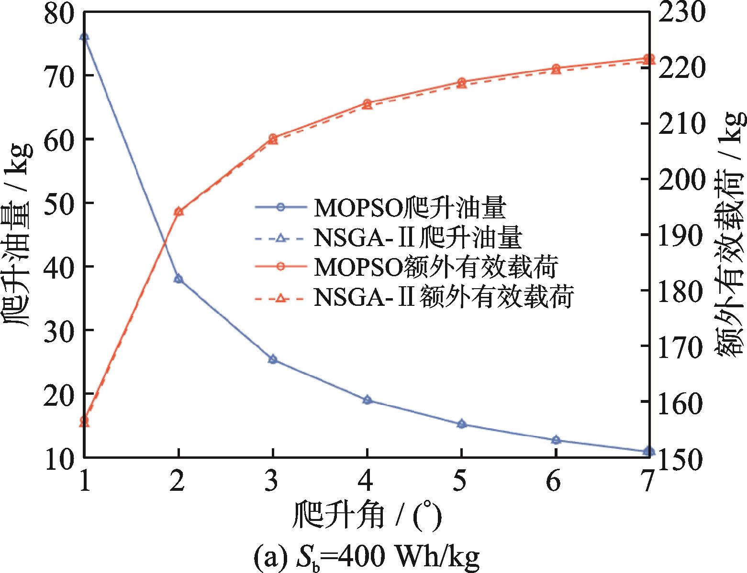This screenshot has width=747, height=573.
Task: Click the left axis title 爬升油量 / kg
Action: [19, 234]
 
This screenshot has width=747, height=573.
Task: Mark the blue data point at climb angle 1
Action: [84, 37]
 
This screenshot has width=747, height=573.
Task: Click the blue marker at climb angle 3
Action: [273, 359]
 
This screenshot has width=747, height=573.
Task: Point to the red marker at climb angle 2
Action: [178, 211]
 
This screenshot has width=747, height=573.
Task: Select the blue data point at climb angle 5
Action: [461, 424]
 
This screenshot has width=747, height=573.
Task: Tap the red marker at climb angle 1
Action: [84, 421]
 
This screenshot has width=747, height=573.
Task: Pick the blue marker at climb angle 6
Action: [556, 440]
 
